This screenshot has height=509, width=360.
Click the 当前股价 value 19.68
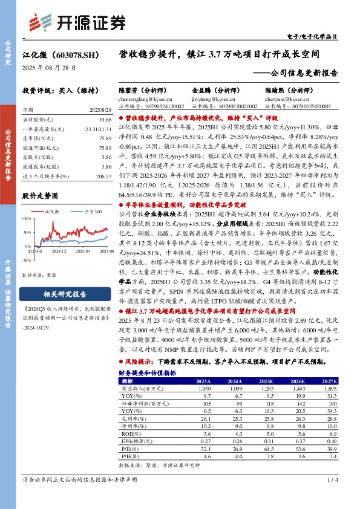tap(106, 119)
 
